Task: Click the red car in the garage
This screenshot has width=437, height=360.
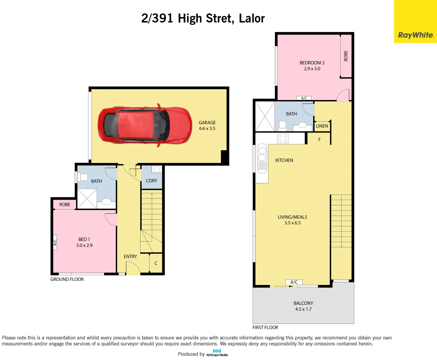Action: (145, 125)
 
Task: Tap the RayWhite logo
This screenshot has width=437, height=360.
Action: (415, 35)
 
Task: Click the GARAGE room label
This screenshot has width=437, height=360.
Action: (207, 123)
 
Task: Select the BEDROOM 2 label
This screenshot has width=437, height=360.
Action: (312, 63)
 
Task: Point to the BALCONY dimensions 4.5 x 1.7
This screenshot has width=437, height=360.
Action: (303, 309)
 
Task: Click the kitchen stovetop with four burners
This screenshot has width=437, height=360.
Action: (283, 138)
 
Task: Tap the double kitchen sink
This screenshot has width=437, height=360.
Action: (262, 158)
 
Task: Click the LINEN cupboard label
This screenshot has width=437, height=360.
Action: (322, 126)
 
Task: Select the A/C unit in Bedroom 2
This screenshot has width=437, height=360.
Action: (304, 98)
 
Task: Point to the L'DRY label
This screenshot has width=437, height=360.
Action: (151, 181)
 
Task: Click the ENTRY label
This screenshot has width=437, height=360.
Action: (130, 256)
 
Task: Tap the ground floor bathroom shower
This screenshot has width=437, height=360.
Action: (87, 199)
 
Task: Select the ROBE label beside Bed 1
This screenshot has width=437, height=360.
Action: (65, 204)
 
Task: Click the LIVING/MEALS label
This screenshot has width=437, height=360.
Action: (292, 217)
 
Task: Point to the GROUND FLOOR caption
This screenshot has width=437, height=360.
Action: (67, 279)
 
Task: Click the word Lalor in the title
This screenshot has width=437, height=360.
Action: (252, 18)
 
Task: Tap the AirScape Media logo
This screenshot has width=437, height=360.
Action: (217, 353)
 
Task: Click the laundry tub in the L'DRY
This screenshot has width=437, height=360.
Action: (156, 169)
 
